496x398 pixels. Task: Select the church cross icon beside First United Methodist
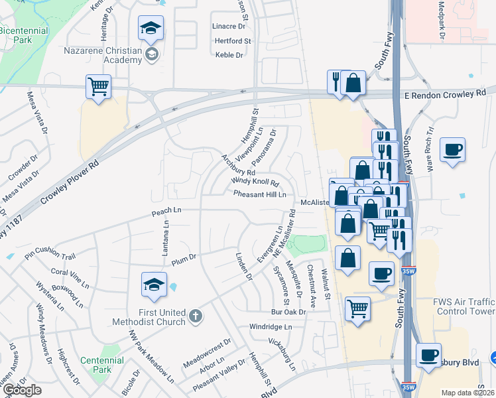point(195,315)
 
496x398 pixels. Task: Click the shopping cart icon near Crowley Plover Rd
point(98,86)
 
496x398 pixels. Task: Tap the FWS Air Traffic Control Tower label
point(464,306)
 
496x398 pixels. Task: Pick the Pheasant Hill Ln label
point(259,194)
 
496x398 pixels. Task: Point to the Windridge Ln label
point(271,327)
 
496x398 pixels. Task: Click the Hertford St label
point(232,41)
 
